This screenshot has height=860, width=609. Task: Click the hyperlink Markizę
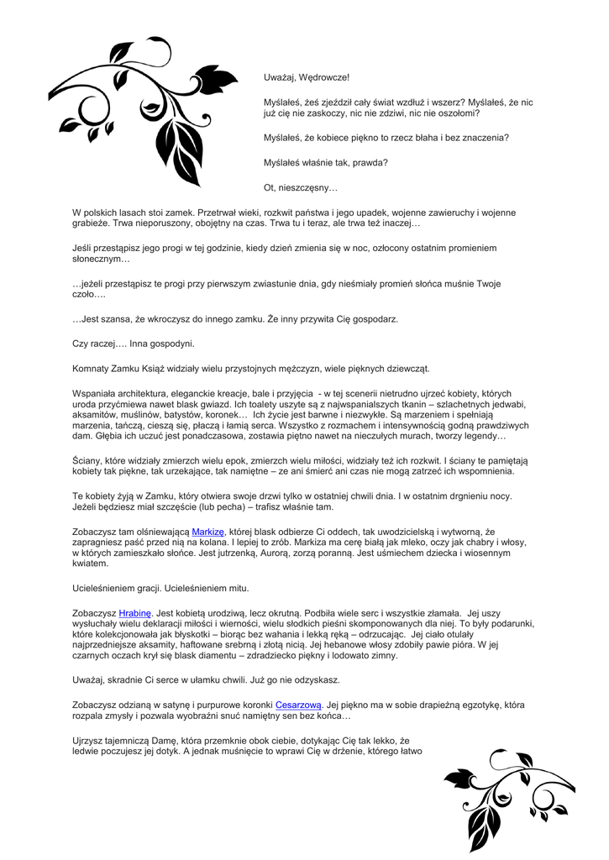pyautogui.click(x=208, y=532)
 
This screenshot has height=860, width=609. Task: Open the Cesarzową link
pyautogui.click(x=299, y=705)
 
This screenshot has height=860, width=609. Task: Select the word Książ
pyautogui.click(x=178, y=368)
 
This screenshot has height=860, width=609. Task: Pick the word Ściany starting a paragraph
pyautogui.click(x=87, y=460)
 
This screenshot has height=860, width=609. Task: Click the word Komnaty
pyautogui.click(x=92, y=368)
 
